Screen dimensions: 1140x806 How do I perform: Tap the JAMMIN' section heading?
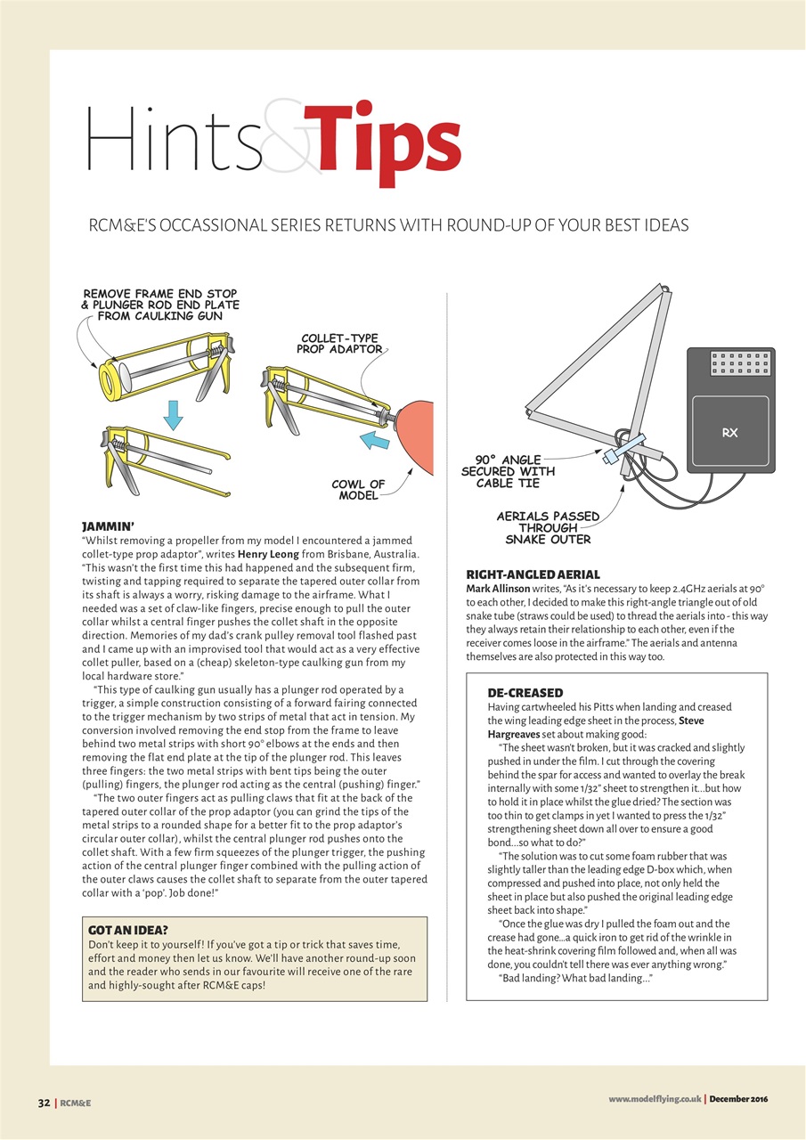108,526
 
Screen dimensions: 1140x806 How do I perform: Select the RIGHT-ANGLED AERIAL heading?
533,574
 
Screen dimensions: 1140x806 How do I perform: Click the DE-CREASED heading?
525,692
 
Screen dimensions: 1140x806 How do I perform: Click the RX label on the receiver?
729,433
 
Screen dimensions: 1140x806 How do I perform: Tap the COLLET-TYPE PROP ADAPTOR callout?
339,344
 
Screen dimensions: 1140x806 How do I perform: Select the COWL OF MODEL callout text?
358,490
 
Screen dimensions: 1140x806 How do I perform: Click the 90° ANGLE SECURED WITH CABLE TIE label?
508,471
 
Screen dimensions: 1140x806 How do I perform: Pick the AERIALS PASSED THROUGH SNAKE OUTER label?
548,527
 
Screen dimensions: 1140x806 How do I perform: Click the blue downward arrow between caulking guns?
175,412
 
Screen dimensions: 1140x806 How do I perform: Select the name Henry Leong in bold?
268,555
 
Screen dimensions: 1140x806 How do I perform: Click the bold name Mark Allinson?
498,590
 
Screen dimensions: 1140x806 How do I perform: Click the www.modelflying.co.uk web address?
655,1099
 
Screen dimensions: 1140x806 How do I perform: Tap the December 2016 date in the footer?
738,1099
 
